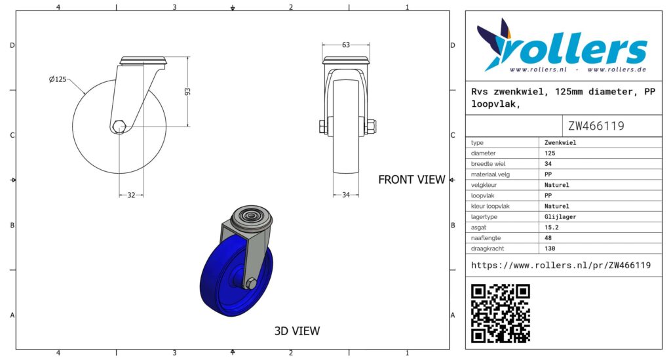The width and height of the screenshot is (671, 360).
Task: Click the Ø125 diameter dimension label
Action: (58, 79)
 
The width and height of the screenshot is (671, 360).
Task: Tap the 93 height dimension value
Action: (187, 92)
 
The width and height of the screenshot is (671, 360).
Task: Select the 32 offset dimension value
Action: (131, 195)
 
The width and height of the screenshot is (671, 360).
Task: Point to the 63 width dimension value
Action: (346, 45)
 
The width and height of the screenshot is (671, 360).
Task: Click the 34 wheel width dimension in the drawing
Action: (346, 195)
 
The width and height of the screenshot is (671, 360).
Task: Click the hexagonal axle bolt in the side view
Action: (119, 127)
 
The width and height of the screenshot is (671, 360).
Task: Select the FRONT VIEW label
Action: (412, 180)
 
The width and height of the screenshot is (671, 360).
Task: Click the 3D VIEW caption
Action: (297, 331)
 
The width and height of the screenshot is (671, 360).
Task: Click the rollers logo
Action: (562, 46)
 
